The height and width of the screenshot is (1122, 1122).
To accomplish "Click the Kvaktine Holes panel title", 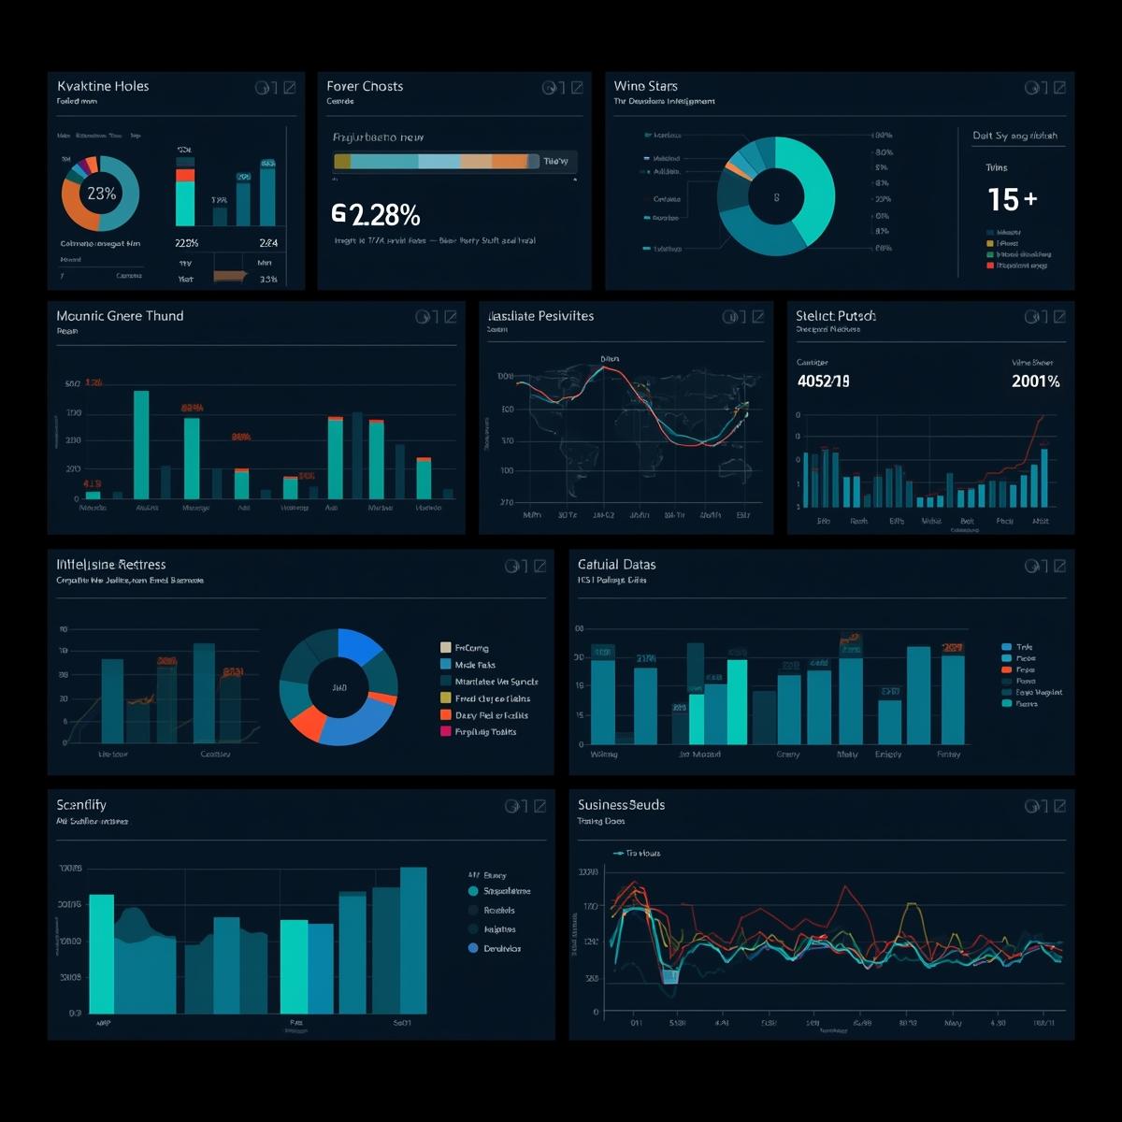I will click(x=103, y=86).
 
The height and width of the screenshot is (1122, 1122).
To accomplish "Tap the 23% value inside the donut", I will click(x=101, y=194).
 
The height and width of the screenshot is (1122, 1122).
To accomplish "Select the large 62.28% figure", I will click(x=376, y=215).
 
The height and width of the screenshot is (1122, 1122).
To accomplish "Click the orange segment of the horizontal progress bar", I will click(x=510, y=161).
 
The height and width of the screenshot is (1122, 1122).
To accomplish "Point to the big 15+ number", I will click(x=1012, y=199).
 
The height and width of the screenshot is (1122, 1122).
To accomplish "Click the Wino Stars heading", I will click(x=646, y=86).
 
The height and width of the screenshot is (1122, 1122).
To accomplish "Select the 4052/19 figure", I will click(x=823, y=381).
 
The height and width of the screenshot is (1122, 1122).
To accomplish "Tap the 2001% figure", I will click(x=1035, y=381).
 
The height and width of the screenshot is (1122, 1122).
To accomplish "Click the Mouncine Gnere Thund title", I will click(x=120, y=316).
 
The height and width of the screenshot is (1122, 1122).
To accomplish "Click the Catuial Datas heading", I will click(x=616, y=565).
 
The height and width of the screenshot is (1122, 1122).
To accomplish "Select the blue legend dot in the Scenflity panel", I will click(x=473, y=948).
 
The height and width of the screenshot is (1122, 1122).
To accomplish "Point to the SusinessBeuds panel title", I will click(x=621, y=805).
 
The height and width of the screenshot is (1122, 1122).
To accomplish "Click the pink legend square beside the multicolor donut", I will click(x=446, y=731).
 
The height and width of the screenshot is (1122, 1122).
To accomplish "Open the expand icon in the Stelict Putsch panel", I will click(x=1059, y=317).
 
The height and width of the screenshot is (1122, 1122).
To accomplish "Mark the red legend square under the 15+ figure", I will click(x=990, y=266).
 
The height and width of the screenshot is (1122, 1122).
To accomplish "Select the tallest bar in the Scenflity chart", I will click(x=413, y=940).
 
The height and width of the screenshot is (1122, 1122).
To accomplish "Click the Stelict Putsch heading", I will click(x=835, y=316).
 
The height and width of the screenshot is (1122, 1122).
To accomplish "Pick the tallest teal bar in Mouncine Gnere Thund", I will click(x=141, y=444).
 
